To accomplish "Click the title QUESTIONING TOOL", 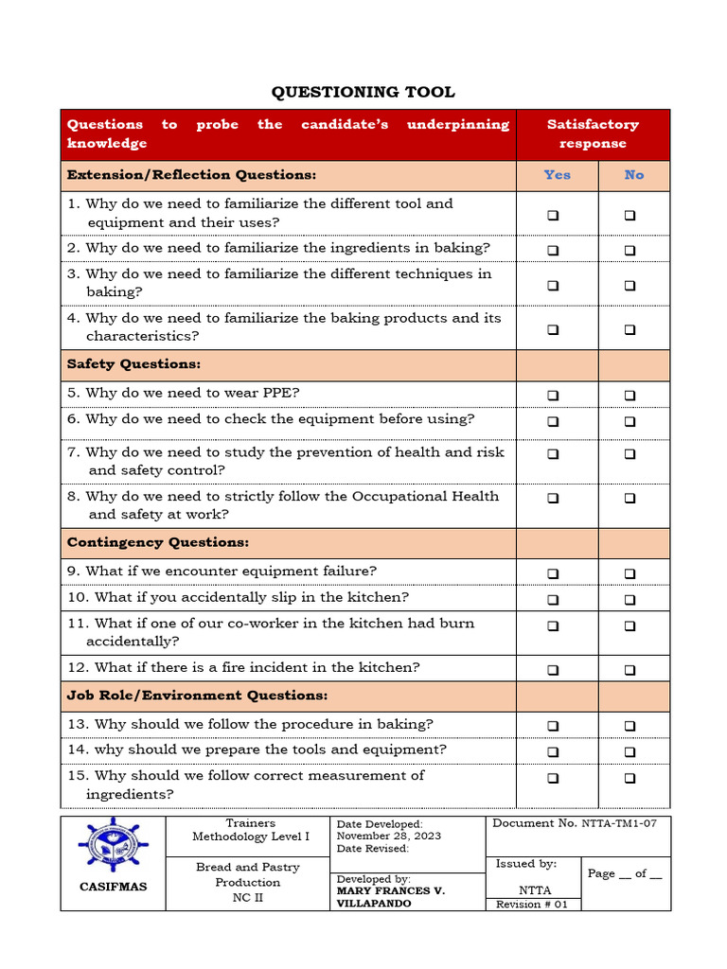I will pyautogui.click(x=363, y=92).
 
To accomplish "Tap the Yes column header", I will pyautogui.click(x=557, y=175).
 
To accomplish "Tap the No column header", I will pyautogui.click(x=633, y=175).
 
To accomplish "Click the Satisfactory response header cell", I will pyautogui.click(x=593, y=133).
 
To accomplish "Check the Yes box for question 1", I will pyautogui.click(x=553, y=216).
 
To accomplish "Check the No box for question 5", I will pyautogui.click(x=629, y=396).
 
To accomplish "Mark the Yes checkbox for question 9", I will pyautogui.click(x=553, y=573).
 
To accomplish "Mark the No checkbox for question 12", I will pyautogui.click(x=629, y=670).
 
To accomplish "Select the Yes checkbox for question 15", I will pyautogui.click(x=553, y=778).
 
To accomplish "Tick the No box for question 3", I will pyautogui.click(x=629, y=285).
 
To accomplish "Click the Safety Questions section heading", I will pyautogui.click(x=133, y=364).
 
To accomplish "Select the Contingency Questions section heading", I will pyautogui.click(x=158, y=543).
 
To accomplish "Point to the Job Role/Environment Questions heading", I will pyautogui.click(x=197, y=696).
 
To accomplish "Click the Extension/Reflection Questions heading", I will pyautogui.click(x=191, y=175).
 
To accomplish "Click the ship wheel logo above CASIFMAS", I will pyautogui.click(x=113, y=845).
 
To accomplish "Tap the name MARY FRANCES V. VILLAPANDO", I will pyautogui.click(x=391, y=897).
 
